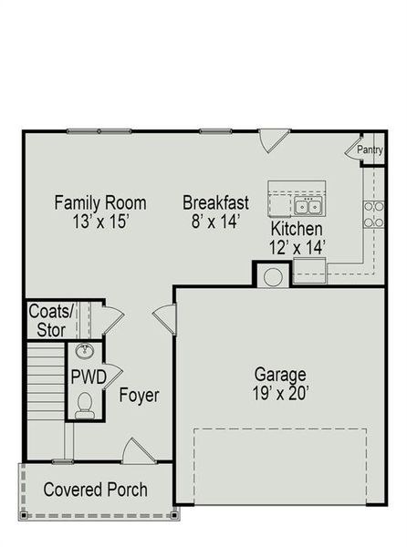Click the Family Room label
point(100,202)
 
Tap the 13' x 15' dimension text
point(100,221)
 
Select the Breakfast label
point(216,202)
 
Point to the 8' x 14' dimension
point(216,221)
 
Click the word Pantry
point(370,150)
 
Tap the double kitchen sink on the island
point(310,202)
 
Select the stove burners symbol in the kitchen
point(373,213)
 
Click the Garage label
point(279,375)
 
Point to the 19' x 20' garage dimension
point(279,394)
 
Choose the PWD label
point(89,377)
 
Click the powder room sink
point(86,352)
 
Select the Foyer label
point(139,396)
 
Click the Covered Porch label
point(95,490)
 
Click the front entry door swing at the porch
point(135,450)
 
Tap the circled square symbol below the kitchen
point(271,275)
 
